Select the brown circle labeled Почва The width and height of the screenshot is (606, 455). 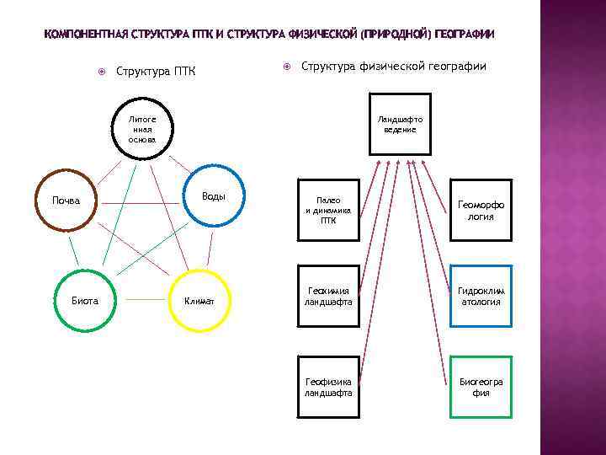[x=66, y=201]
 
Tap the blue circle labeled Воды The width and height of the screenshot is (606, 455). [x=214, y=196]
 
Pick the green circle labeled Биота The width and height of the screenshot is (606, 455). [x=85, y=300]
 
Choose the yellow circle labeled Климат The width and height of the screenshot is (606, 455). [x=199, y=300]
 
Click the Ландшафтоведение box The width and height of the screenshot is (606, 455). [x=400, y=124]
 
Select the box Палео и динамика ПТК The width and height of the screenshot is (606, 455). [x=328, y=208]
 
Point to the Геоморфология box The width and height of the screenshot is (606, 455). [x=481, y=208]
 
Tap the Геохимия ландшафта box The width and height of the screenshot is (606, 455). [x=328, y=296]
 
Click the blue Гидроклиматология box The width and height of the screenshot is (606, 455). [x=481, y=296]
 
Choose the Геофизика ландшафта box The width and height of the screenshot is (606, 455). [x=328, y=387]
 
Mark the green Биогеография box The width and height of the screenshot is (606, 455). [x=481, y=387]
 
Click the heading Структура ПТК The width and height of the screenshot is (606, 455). [x=156, y=71]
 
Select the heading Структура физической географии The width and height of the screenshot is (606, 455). [x=393, y=66]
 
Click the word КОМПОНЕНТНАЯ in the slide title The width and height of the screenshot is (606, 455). [x=85, y=35]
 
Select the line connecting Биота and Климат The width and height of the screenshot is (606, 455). [x=141, y=300]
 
